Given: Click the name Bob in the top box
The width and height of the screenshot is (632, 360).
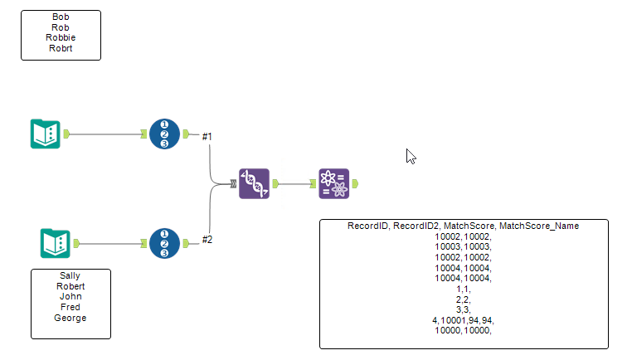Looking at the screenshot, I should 61,17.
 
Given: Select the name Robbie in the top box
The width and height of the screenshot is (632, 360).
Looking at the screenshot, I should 61,37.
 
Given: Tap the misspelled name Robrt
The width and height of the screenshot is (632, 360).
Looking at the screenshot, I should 61,48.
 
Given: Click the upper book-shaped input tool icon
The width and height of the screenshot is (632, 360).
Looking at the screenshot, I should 45,134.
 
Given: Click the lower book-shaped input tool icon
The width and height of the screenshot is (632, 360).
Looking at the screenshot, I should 56,243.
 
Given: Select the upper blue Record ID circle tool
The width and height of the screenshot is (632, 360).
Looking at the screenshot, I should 164,134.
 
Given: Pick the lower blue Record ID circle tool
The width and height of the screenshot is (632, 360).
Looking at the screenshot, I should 164,243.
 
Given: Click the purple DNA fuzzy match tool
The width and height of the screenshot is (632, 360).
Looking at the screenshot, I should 254,183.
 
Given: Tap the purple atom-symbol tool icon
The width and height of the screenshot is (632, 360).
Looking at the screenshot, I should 333,183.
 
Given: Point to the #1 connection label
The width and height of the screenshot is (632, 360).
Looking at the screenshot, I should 207,136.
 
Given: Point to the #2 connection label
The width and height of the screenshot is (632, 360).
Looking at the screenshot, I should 207,240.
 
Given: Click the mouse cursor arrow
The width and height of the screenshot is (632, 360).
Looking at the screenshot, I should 410,155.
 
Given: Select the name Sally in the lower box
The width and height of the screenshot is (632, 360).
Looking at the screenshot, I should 70,275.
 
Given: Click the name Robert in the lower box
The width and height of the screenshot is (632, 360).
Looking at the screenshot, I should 70,286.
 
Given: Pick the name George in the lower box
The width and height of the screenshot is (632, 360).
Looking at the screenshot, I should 70,318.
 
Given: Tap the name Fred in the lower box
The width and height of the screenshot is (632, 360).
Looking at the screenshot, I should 70,307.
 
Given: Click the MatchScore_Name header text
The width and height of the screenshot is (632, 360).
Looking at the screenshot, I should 539,226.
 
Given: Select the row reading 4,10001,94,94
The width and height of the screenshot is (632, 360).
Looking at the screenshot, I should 464,319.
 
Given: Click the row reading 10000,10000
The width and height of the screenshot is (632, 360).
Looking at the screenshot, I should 464,330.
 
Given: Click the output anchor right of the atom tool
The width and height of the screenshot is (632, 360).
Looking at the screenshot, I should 356,183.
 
